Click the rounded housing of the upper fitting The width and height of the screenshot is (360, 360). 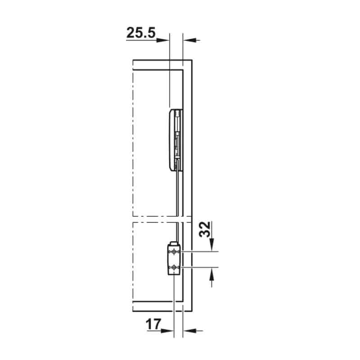click(x=171, y=139)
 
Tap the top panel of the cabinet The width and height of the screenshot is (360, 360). click(x=160, y=64)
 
